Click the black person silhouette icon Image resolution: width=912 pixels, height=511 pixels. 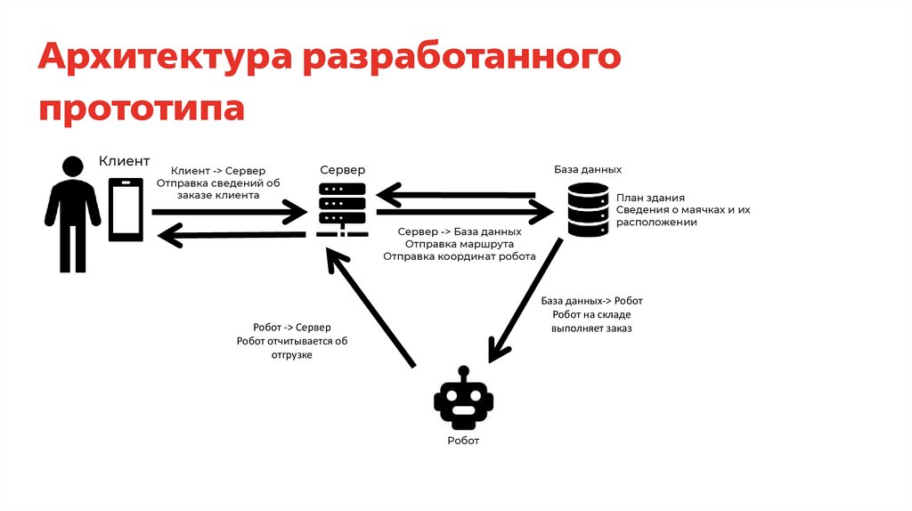pos(72,213)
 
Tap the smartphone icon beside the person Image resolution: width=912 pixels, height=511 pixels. pos(126,209)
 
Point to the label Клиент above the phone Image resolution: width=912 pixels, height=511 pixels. pos(124,162)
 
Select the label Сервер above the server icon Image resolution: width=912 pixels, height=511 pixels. pos(342,169)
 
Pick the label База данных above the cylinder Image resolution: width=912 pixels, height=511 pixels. pos(588,169)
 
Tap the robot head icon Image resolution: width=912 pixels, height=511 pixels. pos(463,401)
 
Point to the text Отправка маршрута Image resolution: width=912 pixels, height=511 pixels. pos(459,243)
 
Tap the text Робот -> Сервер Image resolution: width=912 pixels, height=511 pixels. pos(291,327)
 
